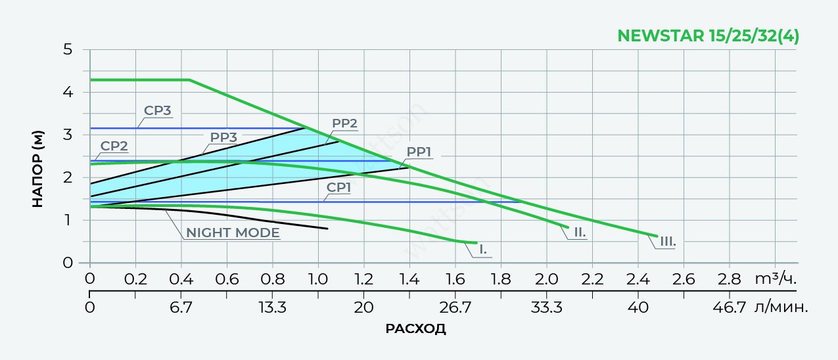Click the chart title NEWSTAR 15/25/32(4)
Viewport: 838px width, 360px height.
[709, 36]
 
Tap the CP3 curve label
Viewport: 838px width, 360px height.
[158, 110]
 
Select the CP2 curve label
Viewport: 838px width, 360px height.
[114, 145]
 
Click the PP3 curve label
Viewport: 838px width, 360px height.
[224, 137]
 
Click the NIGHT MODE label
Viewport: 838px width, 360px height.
[233, 233]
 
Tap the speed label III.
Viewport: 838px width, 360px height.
[667, 242]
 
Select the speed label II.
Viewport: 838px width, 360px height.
[579, 232]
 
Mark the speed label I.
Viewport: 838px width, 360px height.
[483, 249]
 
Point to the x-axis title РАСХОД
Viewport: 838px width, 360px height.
[415, 328]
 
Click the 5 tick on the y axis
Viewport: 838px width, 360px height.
[68, 49]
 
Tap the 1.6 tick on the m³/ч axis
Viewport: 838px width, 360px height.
[455, 279]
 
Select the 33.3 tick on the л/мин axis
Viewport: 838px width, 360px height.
[546, 307]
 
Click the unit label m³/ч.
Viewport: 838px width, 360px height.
[776, 279]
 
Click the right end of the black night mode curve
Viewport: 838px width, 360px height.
[327, 229]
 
